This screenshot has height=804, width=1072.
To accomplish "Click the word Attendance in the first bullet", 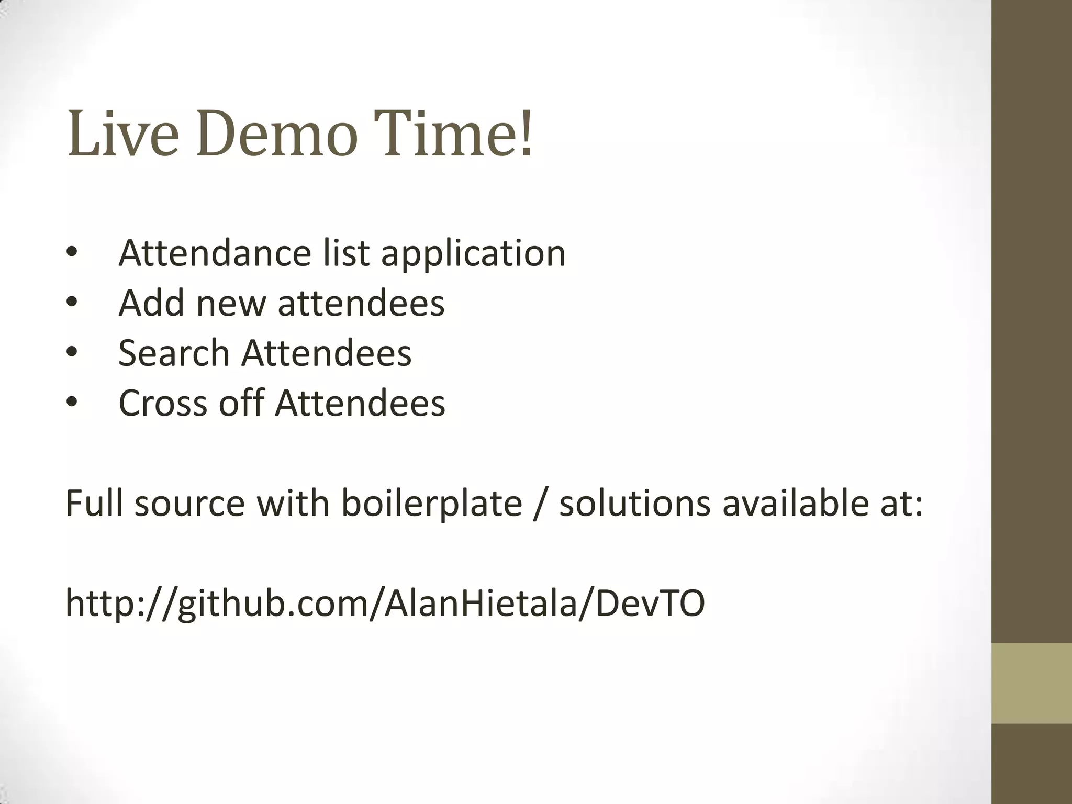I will [x=215, y=253].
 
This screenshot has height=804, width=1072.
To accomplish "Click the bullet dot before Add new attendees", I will [x=72, y=303].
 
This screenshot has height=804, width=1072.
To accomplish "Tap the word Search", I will [x=174, y=353].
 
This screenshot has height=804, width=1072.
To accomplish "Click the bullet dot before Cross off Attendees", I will [x=72, y=403].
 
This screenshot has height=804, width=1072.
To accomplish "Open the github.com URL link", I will [x=385, y=603].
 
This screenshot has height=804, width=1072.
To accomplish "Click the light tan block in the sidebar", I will [x=1031, y=683].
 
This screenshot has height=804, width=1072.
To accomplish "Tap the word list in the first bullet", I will [x=346, y=253].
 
